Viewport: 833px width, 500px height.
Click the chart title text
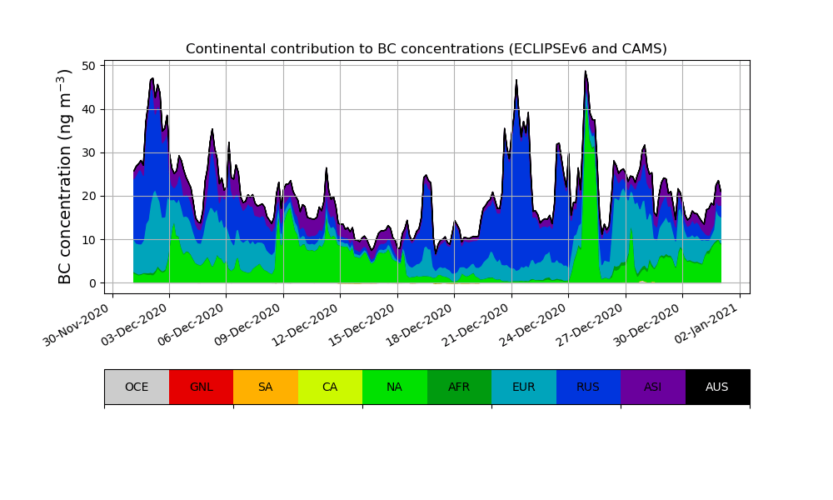[x=426, y=49]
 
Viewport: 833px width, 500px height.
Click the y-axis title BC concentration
[x=66, y=176]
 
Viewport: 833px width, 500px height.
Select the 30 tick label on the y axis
[x=92, y=152]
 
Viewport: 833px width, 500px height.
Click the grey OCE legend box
[x=137, y=387]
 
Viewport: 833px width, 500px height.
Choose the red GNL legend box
[x=201, y=387]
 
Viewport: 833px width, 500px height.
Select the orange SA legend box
[x=266, y=387]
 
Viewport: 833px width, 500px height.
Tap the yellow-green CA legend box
[x=330, y=387]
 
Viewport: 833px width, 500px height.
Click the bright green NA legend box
[x=395, y=387]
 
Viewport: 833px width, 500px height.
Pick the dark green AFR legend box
[x=459, y=387]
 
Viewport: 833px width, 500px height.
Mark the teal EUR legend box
[x=524, y=387]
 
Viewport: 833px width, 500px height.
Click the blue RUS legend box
[x=588, y=387]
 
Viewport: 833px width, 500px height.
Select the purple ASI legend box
[x=653, y=387]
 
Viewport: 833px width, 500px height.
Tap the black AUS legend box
[x=717, y=387]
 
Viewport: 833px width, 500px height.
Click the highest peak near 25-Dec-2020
[x=586, y=72]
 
